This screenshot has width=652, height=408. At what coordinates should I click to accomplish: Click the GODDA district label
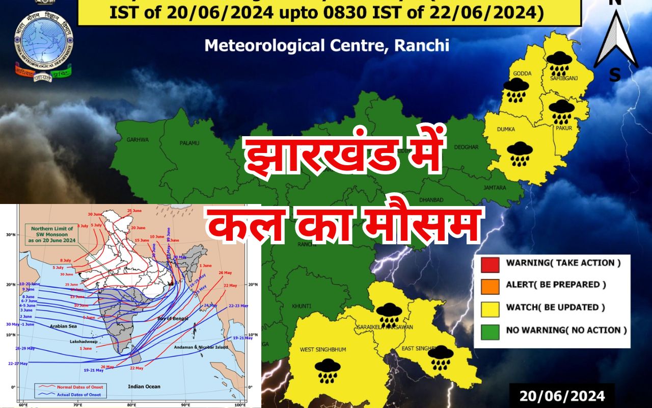(523, 73)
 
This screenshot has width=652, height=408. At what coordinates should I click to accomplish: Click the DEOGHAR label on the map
(466, 147)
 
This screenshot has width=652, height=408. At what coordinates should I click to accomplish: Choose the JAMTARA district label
(495, 188)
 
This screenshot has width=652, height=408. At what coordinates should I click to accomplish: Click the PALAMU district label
(189, 143)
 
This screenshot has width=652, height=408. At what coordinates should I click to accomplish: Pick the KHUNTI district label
(302, 306)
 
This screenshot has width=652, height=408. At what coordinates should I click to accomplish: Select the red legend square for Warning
(490, 264)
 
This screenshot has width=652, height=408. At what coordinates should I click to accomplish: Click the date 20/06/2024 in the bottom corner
(562, 396)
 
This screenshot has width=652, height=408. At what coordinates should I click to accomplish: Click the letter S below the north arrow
(615, 75)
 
